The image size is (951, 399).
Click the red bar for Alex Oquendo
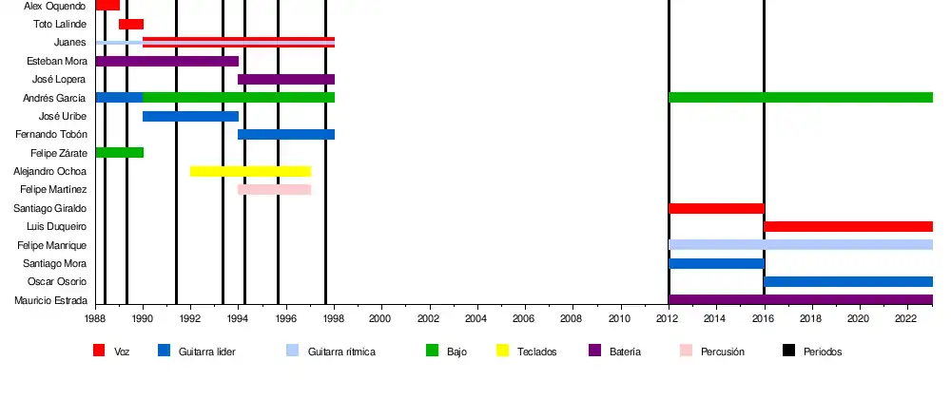[107, 5]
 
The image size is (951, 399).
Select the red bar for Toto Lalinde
[131, 24]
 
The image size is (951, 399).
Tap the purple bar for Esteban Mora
[166, 61]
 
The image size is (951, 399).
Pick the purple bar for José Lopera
[286, 79]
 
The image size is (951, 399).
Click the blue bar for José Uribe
[190, 116]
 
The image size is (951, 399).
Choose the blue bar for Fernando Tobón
[286, 134]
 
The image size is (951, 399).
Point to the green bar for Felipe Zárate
[119, 152]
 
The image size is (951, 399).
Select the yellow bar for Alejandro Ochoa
[250, 171]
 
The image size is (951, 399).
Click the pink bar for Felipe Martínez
[274, 189]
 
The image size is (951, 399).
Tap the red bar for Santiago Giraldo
[716, 208]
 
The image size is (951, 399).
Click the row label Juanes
[70, 43]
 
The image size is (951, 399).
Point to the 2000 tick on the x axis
[381, 308]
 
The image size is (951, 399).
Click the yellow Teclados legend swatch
[503, 351]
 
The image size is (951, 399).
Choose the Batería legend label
[625, 351]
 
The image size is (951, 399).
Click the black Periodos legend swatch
[788, 351]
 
